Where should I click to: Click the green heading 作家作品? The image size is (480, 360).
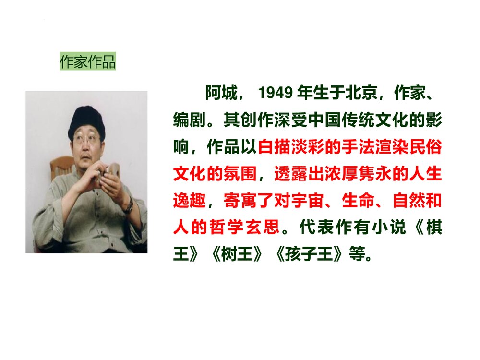(x=88, y=62)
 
